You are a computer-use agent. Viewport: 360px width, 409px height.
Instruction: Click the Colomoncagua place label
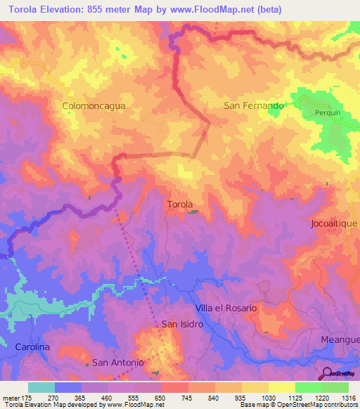(94, 105)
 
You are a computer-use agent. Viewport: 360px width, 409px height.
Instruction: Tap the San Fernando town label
(253, 105)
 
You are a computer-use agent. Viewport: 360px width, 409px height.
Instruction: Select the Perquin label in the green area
(327, 112)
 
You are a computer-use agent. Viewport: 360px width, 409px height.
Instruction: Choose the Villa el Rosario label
(225, 309)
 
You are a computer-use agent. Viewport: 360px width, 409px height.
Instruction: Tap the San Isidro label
(182, 325)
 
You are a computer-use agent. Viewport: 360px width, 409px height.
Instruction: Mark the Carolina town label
(32, 347)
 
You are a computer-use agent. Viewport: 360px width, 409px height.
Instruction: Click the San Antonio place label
(118, 363)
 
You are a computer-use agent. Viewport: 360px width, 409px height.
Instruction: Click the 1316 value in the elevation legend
(349, 397)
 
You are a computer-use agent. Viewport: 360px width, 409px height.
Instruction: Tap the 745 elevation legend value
(188, 397)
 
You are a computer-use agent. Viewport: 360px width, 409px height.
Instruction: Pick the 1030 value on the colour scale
(267, 397)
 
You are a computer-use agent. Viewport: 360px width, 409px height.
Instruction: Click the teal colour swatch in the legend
(41, 387)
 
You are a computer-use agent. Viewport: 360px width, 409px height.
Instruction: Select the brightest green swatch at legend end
(335, 387)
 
